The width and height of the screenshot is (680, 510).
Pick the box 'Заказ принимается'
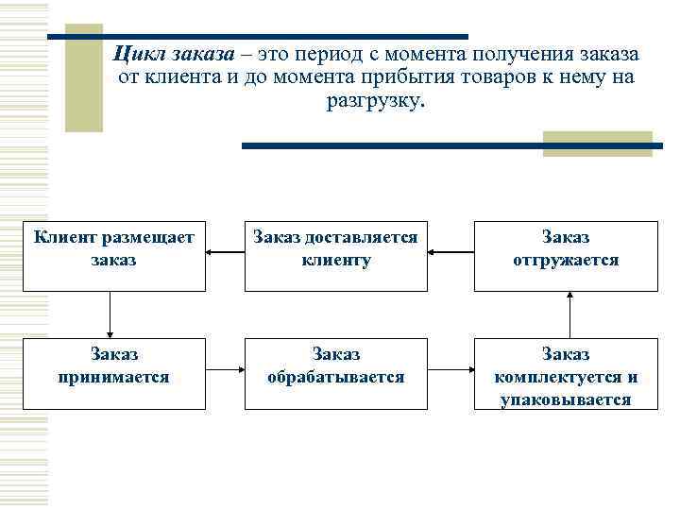coord(113,373)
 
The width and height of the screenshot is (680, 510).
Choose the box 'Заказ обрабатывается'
coord(336,373)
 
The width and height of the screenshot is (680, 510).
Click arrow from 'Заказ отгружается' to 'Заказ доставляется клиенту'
coord(450,253)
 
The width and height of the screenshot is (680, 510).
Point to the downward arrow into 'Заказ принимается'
coord(110,314)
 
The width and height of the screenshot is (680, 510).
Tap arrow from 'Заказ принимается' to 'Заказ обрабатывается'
coord(225,371)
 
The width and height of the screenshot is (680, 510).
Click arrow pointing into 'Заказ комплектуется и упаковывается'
coord(450,371)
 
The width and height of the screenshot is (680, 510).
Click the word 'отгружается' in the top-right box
coord(566,260)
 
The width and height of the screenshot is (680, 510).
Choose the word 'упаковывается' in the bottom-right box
coord(566,399)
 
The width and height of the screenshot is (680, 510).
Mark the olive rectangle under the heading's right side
coord(596,144)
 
